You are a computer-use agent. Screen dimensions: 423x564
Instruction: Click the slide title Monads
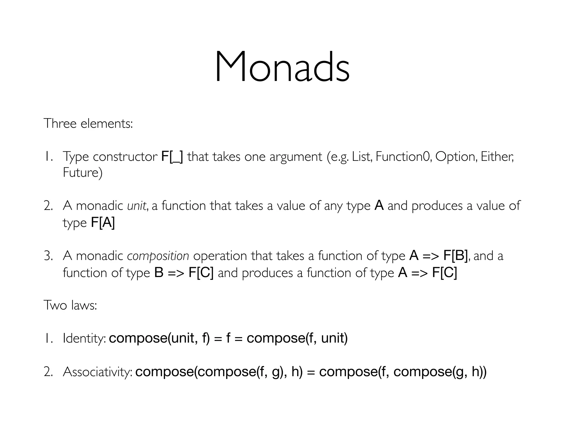coord(282,67)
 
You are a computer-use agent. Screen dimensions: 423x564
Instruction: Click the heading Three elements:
coord(88,123)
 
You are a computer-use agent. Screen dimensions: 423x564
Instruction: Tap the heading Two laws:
coord(70,305)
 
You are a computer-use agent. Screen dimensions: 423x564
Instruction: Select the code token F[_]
coord(172,157)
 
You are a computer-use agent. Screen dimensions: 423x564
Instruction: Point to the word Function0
coord(403,157)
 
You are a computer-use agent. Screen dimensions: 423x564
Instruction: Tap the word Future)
coord(83,173)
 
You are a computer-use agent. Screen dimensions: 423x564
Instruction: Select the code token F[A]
coord(103,223)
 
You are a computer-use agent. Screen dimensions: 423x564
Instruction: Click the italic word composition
coord(158,256)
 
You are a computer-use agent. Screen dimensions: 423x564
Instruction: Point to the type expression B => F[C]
coord(184,273)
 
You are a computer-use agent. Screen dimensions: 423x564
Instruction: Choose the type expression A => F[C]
coord(428,273)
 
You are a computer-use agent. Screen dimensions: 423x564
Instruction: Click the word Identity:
coord(84,338)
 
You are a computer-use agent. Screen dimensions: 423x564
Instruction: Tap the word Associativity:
coord(97,372)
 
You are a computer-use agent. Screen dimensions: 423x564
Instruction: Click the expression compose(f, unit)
coord(297,338)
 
